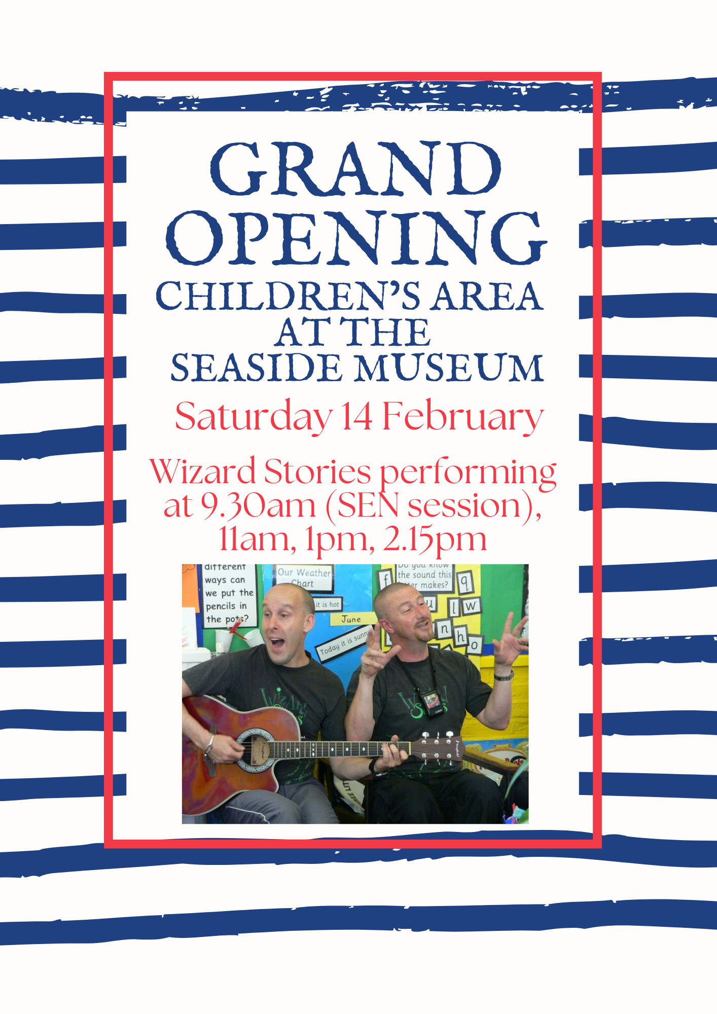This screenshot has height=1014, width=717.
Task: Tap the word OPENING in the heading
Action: tap(356, 238)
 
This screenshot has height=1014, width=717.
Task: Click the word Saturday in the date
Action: tap(254, 417)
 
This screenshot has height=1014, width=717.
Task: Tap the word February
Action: tap(462, 417)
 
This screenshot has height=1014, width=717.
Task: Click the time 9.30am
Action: tap(258, 505)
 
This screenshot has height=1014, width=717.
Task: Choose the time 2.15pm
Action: tap(435, 539)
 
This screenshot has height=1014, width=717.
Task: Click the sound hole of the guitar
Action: tap(257, 749)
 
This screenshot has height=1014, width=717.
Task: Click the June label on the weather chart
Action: tap(351, 619)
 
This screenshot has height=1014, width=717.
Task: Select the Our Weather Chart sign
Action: tap(304, 577)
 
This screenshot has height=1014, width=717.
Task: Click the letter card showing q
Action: tap(464, 582)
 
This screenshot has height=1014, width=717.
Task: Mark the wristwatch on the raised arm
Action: tap(504, 675)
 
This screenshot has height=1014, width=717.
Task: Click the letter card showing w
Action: tap(471, 605)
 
